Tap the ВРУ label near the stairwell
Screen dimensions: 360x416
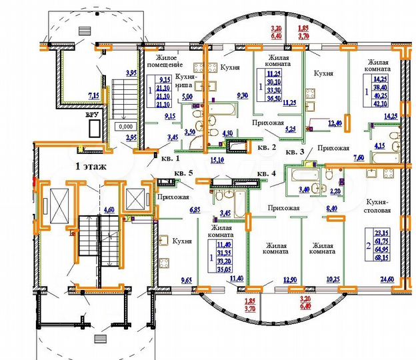[x=91, y=115]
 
